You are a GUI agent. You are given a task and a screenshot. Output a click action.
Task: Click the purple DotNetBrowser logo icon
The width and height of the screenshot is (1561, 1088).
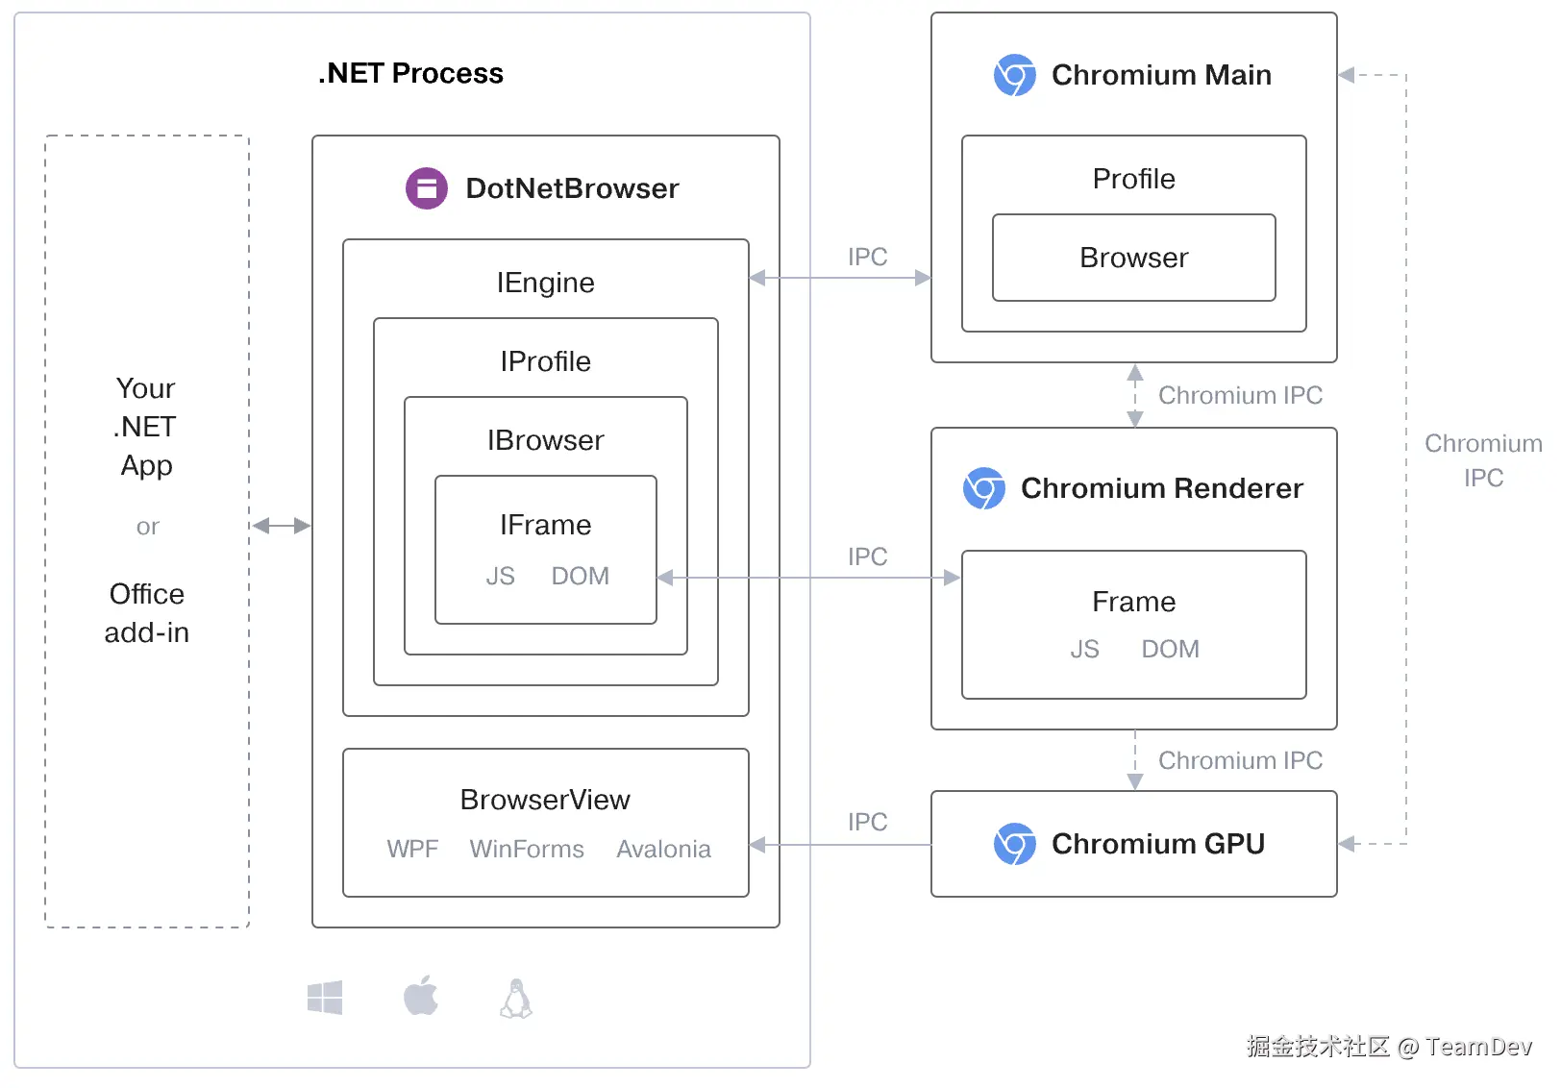click(427, 188)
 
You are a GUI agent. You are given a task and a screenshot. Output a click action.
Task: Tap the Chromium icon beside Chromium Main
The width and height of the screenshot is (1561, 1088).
click(1014, 75)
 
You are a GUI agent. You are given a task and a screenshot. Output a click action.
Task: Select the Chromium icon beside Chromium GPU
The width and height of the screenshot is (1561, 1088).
click(1014, 844)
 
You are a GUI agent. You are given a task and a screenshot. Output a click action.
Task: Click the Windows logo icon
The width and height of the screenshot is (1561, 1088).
click(325, 999)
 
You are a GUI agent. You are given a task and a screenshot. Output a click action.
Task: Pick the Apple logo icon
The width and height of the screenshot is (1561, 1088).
click(420, 997)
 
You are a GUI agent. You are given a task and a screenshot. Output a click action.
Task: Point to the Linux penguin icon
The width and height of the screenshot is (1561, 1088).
click(516, 999)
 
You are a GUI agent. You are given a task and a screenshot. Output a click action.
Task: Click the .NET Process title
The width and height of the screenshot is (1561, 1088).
click(410, 73)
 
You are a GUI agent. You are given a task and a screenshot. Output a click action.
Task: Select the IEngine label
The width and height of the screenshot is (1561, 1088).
click(545, 283)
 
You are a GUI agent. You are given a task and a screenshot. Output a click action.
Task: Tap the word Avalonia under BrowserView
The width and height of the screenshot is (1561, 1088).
click(663, 850)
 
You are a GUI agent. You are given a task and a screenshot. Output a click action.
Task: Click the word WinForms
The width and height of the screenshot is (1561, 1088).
click(527, 850)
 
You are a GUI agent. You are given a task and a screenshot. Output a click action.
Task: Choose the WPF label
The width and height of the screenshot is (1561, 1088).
click(412, 850)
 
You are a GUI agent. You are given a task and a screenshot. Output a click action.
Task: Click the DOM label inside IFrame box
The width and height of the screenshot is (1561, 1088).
click(580, 576)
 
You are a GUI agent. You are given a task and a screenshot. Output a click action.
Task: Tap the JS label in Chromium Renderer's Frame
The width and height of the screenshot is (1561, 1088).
click(1084, 650)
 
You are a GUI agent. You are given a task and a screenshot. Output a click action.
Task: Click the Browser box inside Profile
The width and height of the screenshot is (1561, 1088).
click(1133, 258)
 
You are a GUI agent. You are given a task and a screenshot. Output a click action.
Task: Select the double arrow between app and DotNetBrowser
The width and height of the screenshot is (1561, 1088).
click(281, 526)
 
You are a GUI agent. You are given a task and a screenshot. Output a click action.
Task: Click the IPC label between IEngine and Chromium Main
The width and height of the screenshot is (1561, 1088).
click(867, 257)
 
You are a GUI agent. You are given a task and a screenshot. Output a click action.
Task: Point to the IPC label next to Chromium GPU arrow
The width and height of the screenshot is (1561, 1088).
click(867, 822)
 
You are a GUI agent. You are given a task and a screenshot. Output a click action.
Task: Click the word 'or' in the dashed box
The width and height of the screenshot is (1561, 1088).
click(147, 527)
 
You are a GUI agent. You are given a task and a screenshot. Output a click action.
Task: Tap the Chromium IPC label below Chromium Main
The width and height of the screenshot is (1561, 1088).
click(1240, 395)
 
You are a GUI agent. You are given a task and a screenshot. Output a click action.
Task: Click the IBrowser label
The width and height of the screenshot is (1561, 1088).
click(545, 440)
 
